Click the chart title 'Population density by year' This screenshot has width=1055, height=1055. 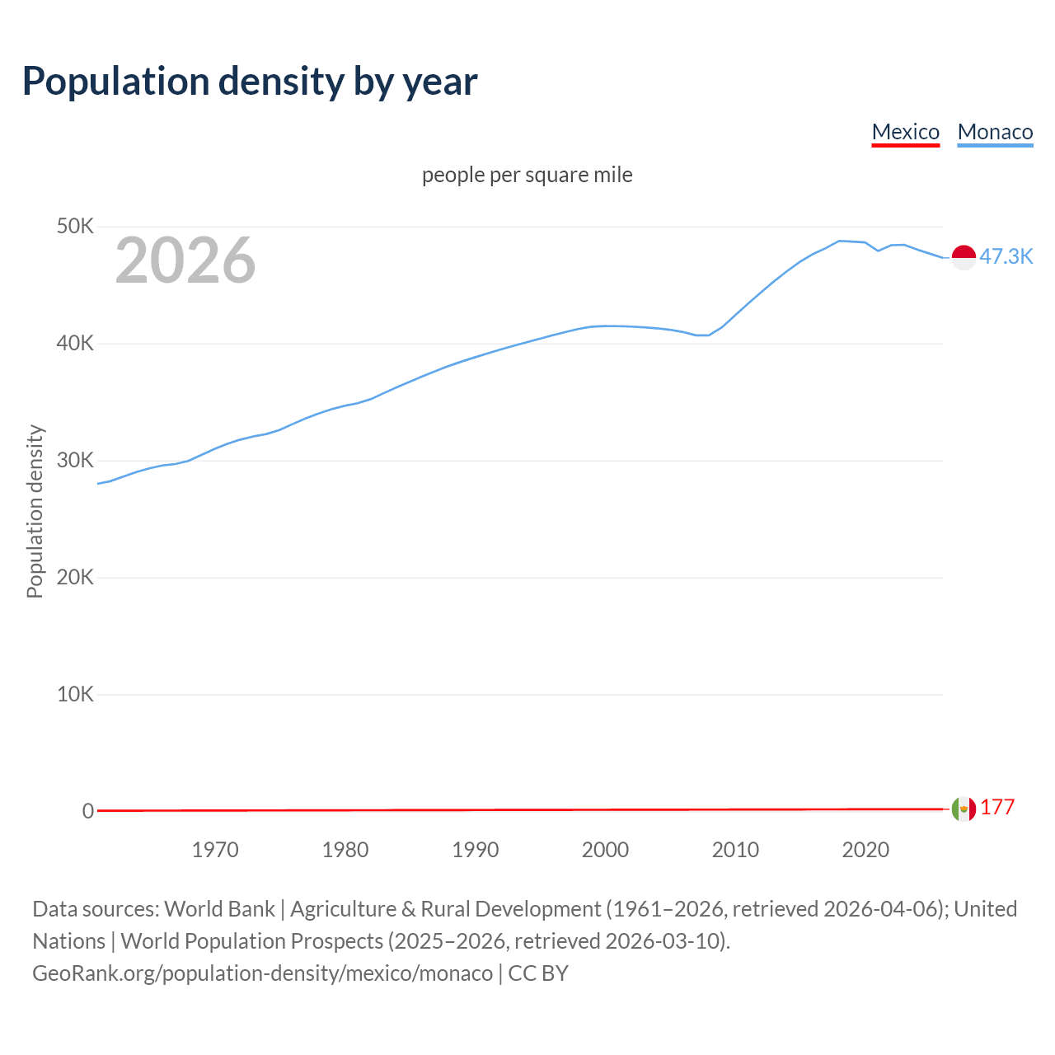[250, 82]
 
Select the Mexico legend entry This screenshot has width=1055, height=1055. [905, 132]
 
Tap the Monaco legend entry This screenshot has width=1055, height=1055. [995, 132]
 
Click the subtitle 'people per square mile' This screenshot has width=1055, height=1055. [527, 176]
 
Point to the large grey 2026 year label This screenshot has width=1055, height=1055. [185, 260]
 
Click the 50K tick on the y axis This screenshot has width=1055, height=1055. [75, 226]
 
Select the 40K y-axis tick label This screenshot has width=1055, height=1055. [75, 343]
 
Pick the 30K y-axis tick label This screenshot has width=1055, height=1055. [75, 460]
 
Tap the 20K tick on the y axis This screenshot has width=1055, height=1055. [75, 577]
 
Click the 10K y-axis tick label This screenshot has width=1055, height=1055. [75, 694]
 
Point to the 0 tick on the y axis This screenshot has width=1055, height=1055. [88, 811]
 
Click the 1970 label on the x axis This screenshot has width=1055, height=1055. [215, 850]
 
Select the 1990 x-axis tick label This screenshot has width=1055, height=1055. [476, 850]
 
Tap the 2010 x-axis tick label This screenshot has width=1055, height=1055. [735, 850]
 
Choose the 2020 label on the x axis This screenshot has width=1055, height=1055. [865, 850]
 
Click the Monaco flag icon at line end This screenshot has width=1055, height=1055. [964, 257]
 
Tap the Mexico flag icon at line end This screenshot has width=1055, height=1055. [964, 809]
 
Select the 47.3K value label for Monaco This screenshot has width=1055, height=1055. [1006, 256]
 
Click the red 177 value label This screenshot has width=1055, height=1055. [997, 808]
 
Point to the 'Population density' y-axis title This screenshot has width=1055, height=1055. [35, 511]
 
